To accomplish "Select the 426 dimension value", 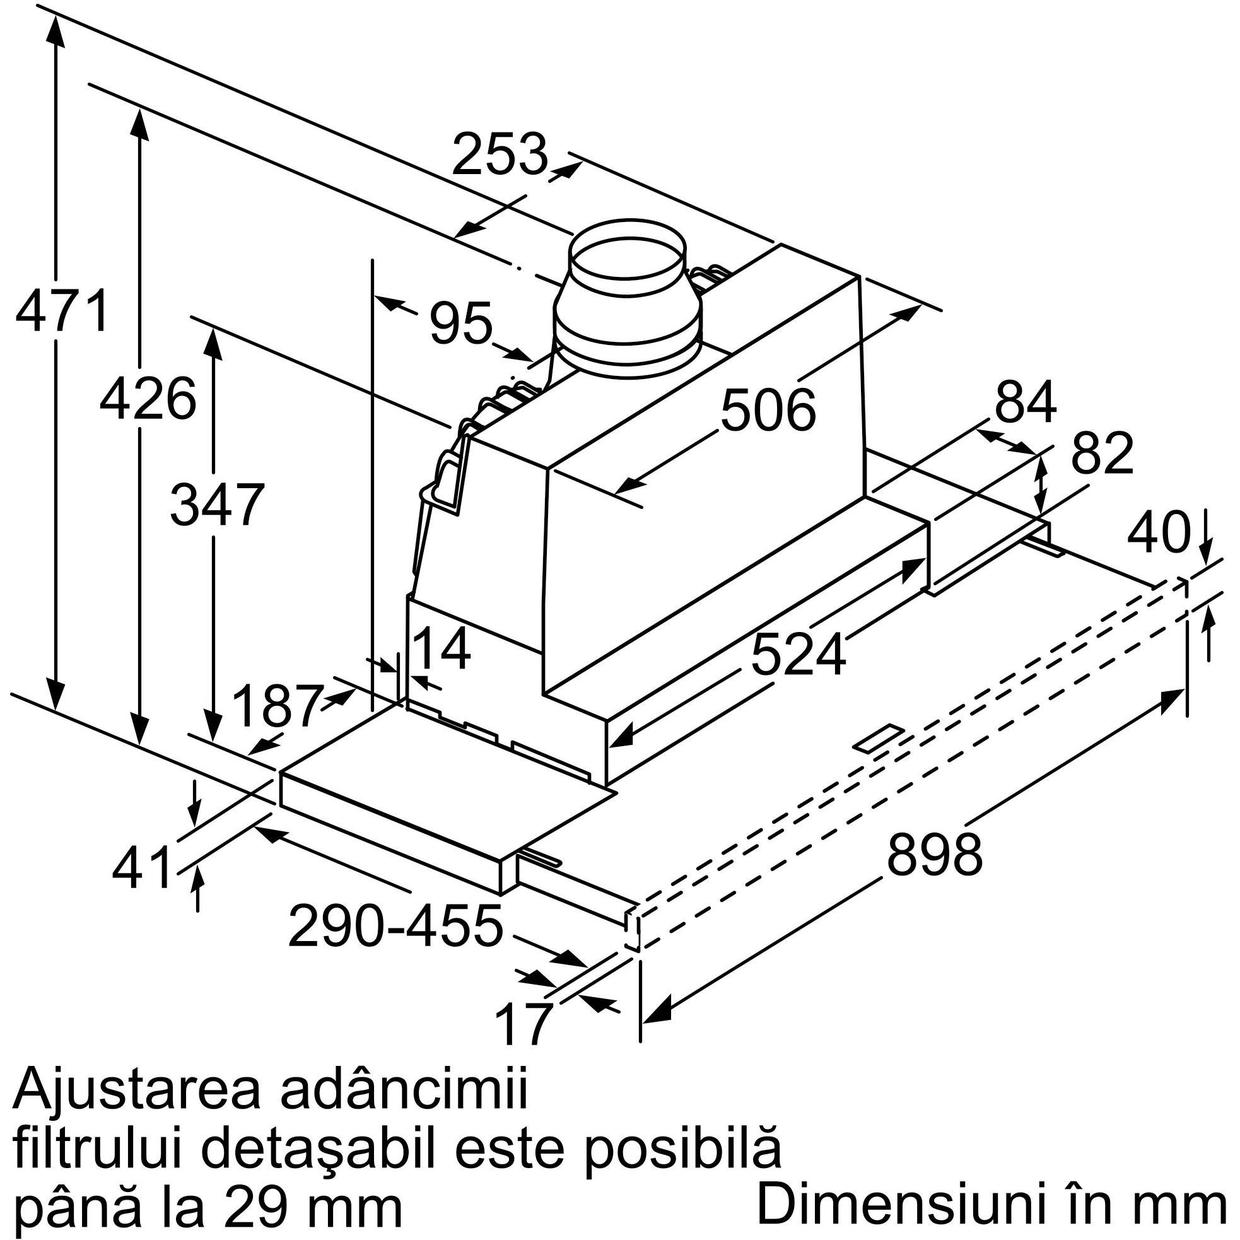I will (148, 399).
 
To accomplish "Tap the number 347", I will (217, 505).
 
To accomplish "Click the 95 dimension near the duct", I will (460, 323).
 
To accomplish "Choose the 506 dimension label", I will (768, 410).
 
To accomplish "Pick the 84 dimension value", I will (1025, 402).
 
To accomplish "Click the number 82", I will (1102, 453).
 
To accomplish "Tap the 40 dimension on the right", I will (1159, 533).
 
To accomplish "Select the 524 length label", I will (798, 655).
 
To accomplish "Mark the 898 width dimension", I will (934, 855).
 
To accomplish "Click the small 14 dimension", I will (442, 648).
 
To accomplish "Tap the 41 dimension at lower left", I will (143, 869).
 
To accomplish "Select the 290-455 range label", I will (395, 926).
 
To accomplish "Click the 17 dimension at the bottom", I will (523, 1025).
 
